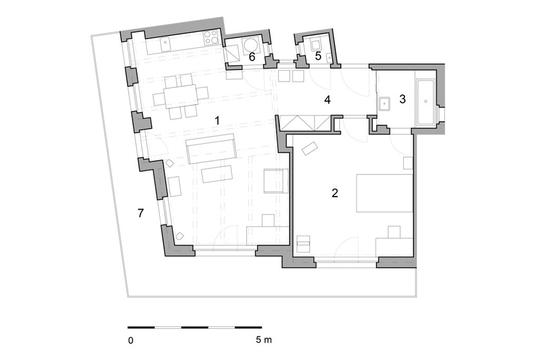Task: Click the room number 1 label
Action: [217, 121]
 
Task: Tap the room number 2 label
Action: [334, 193]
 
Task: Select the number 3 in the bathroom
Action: [402, 99]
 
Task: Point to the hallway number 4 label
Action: [327, 100]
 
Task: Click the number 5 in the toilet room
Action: [318, 56]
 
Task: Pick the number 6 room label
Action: [252, 57]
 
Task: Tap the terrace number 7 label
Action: [140, 213]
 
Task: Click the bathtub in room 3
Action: [426, 102]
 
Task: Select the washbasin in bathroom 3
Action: [384, 104]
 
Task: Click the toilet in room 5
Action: [315, 45]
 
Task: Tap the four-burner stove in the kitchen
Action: [211, 38]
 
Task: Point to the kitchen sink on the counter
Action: [165, 44]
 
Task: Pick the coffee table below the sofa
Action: [217, 174]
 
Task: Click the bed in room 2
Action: [384, 193]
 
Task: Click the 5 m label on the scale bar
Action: [264, 340]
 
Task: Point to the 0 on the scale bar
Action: [131, 340]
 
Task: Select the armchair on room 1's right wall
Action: [276, 181]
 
